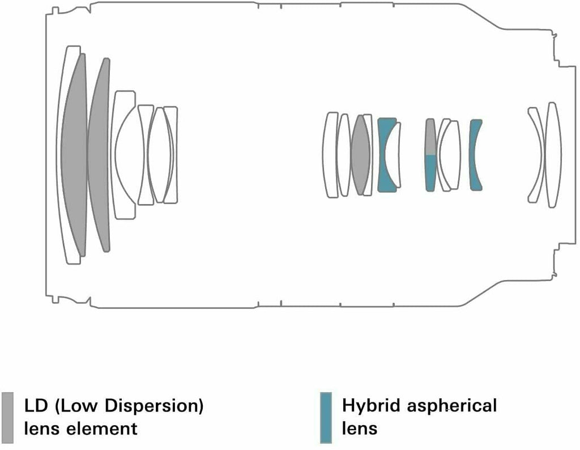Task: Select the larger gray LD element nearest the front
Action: pos(74,155)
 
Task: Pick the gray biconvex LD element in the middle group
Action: pos(360,155)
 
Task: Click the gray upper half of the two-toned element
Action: pos(430,137)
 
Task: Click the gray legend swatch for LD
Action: pos(7,418)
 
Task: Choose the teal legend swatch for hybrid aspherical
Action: pos(326,418)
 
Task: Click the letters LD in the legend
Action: pos(36,406)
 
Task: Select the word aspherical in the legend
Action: pos(452,406)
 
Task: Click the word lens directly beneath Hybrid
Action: pos(360,429)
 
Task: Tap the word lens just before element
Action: pos(41,429)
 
